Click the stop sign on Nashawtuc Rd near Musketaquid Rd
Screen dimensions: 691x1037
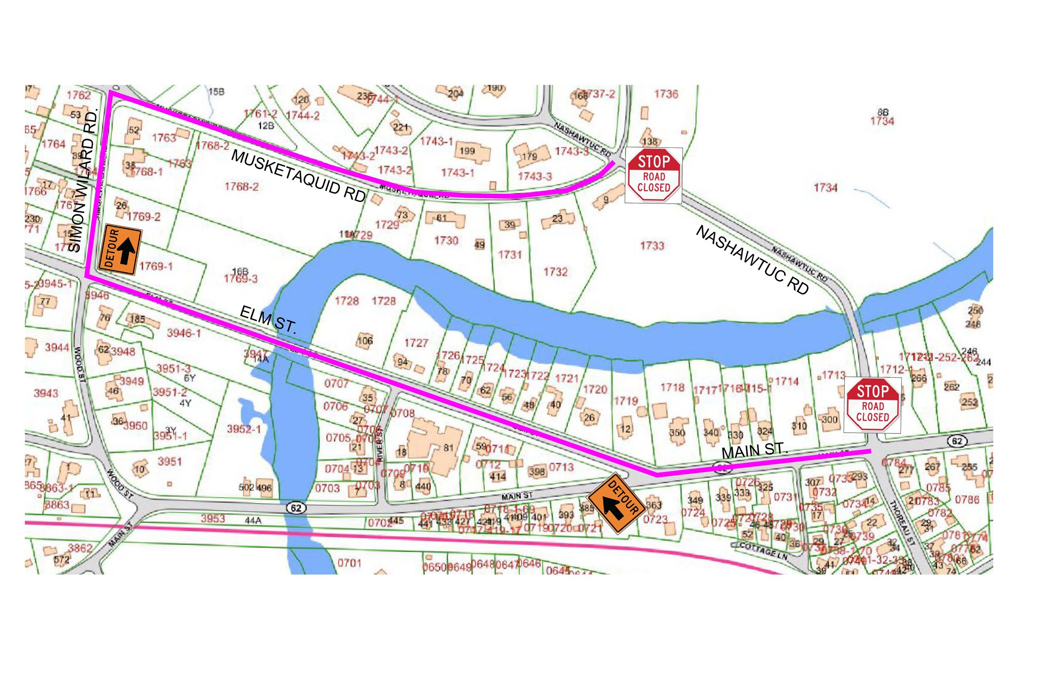[x=653, y=175]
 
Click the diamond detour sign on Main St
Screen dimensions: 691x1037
[x=616, y=503]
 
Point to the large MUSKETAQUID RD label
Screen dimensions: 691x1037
[x=298, y=175]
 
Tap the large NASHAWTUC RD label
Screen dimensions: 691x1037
[x=752, y=260]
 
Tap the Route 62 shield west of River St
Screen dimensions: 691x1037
[x=296, y=508]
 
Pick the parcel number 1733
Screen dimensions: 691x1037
[x=652, y=246]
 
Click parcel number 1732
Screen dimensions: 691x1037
[x=555, y=272]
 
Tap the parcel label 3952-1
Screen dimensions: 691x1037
[x=244, y=428]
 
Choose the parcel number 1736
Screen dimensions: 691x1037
[x=666, y=94]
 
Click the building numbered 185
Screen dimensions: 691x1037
[x=138, y=319]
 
